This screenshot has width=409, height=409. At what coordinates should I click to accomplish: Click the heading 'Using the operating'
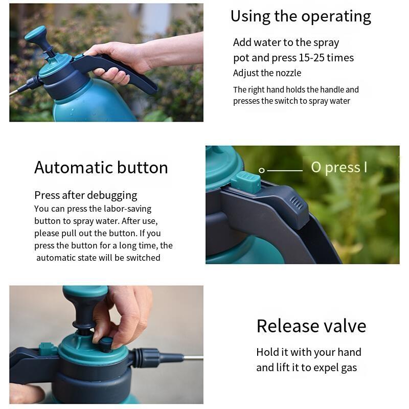coord(301,16)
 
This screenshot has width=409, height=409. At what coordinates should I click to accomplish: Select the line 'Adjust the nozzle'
coord(267,73)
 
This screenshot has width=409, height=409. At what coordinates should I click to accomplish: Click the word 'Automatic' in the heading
coord(73,167)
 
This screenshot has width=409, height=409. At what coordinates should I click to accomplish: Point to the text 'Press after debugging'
coord(86,195)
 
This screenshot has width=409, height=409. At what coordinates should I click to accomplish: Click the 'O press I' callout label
coord(339,167)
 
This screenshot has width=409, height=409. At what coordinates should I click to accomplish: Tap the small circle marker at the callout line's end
coord(261,171)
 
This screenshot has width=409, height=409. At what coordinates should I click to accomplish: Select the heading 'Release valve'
coord(311,326)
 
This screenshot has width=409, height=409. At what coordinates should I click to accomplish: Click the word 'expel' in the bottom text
coord(327,368)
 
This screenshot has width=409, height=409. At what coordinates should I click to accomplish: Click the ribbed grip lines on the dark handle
coord(297,203)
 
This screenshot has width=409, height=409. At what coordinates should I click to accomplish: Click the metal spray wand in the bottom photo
coord(193,357)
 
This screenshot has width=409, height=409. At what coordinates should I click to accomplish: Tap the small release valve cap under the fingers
coord(106,344)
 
